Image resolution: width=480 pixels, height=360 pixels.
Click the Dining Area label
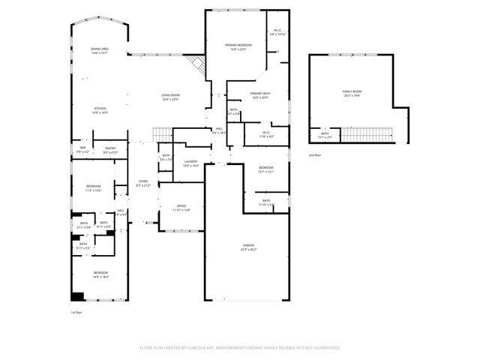point(100,51)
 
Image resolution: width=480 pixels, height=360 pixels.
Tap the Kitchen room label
point(100,111)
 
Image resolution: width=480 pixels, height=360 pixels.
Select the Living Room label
point(170,97)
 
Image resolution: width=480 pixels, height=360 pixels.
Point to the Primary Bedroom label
point(238,47)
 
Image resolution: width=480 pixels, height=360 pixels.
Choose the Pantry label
point(110,151)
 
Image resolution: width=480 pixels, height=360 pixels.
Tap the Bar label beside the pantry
point(82,150)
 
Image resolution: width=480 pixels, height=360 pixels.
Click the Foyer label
point(143,183)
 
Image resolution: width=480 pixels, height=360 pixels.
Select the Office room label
point(181,208)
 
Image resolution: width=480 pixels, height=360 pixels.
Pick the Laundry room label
point(190,163)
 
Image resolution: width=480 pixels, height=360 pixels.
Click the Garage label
point(248,247)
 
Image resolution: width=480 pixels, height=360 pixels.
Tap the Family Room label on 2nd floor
point(352,94)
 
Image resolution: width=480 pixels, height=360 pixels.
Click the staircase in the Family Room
point(368,135)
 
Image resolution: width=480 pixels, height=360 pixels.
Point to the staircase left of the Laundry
point(163,135)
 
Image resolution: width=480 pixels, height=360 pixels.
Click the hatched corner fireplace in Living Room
point(197,65)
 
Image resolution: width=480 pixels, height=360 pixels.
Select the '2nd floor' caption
point(314,154)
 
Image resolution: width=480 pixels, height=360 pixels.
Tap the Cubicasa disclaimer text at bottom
point(240,348)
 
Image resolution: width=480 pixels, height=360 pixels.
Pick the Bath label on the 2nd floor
point(325,136)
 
